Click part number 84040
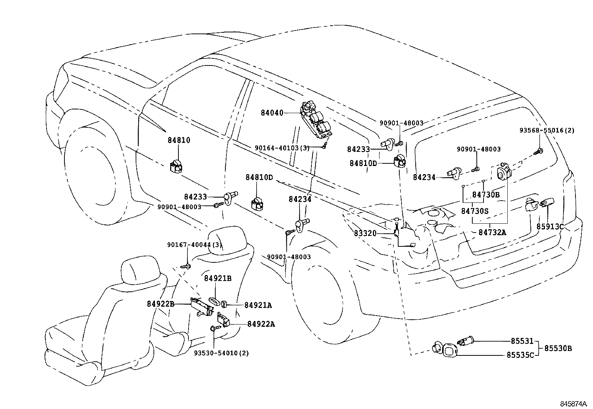coord(272,112)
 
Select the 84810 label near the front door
coord(179,140)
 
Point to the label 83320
coord(365,233)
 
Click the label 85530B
coord(558,348)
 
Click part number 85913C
coord(550,226)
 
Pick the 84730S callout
coord(475,211)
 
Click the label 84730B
coord(486,194)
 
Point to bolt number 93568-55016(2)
coord(547,130)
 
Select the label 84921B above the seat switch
coord(218,278)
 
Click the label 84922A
coord(261,324)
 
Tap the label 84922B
coord(161,304)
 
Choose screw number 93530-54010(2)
coord(221,352)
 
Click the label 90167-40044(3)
coord(194,245)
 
